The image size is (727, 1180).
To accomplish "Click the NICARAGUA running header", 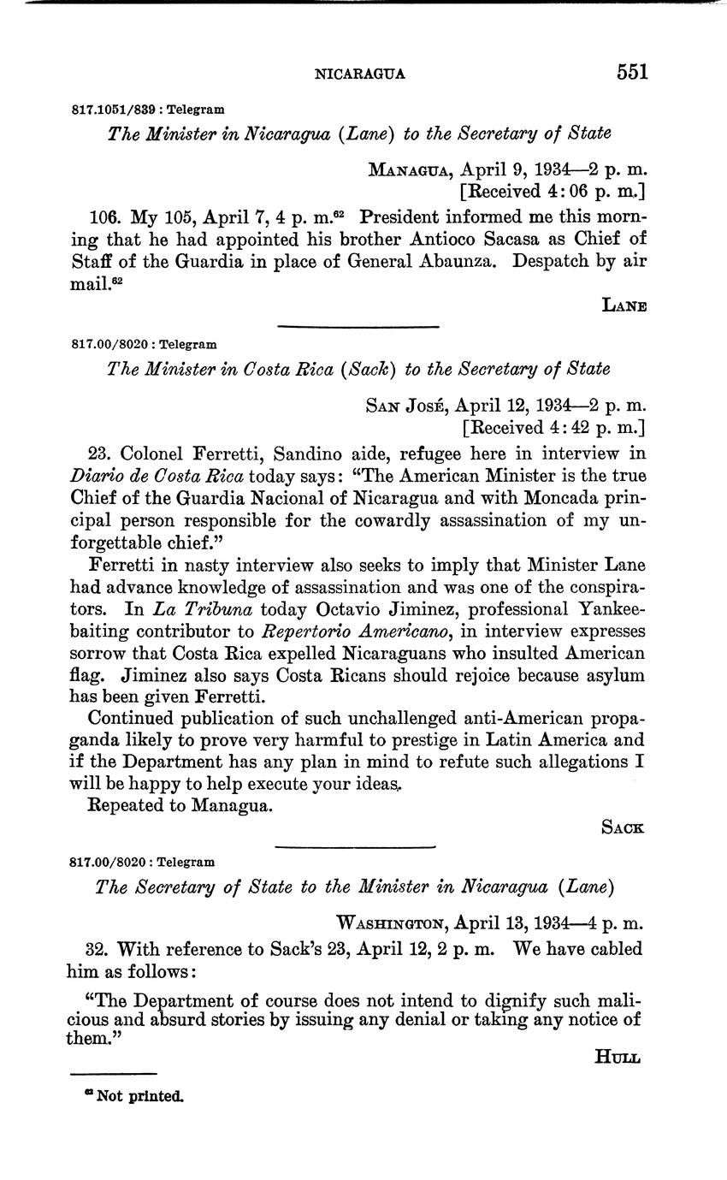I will coord(360,74).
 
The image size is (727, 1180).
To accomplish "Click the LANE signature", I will coord(624,305).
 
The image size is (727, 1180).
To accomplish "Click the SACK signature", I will coord(622,827).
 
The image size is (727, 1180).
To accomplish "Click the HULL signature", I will coord(618,1058).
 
